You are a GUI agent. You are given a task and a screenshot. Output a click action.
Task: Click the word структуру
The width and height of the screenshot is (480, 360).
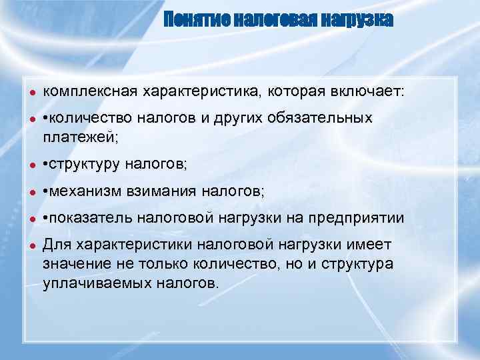pos(83,163)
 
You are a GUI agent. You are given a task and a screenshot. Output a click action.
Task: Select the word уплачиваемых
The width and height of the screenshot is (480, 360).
pos(97,283)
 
